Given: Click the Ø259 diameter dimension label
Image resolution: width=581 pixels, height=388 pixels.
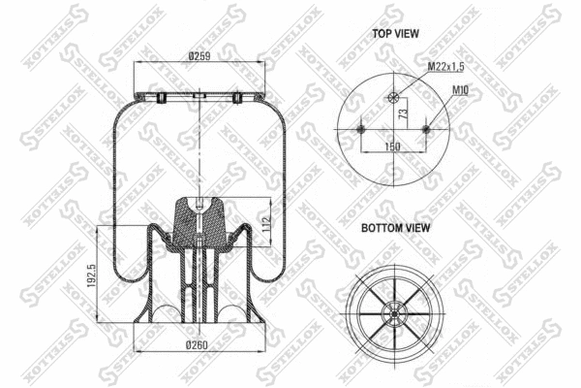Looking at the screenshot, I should [x=201, y=56].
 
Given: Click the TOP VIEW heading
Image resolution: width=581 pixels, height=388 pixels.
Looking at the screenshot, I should [x=396, y=33].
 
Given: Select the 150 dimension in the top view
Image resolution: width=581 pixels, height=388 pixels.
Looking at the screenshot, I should [x=393, y=145].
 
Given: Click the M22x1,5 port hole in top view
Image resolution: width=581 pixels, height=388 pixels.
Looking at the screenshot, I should [x=393, y=97].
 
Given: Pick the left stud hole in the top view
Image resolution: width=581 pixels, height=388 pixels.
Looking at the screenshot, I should [x=361, y=129].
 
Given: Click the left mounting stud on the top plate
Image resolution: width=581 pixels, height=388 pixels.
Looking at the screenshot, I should [x=162, y=98].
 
